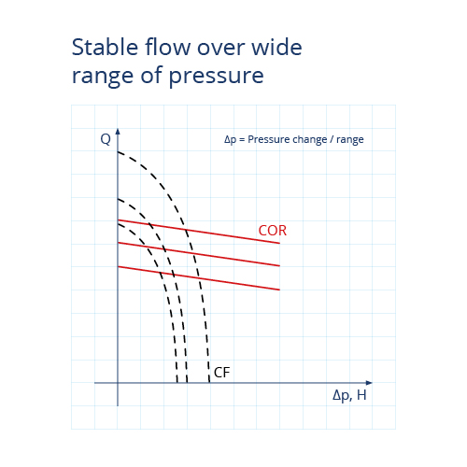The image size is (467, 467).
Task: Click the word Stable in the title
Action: click(x=105, y=47)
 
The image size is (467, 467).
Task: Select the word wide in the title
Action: click(x=276, y=47)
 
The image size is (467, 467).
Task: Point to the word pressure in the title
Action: click(x=217, y=76)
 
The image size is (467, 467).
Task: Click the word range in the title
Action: click(x=103, y=77)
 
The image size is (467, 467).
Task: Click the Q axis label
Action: click(x=106, y=139)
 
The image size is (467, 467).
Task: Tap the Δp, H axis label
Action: click(x=349, y=395)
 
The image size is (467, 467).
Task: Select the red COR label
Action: click(x=273, y=231)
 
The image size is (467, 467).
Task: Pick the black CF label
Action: click(x=222, y=373)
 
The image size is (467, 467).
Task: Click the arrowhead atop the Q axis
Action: click(x=118, y=131)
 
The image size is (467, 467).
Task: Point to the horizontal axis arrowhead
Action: click(x=369, y=383)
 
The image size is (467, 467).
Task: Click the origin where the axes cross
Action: click(x=118, y=383)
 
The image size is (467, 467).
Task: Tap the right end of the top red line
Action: click(x=279, y=243)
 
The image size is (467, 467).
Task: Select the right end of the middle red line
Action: click(x=279, y=266)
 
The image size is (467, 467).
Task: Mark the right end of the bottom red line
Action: click(x=279, y=290)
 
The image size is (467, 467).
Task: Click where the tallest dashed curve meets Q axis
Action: click(x=118, y=152)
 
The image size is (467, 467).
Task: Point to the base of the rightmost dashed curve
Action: click(x=209, y=382)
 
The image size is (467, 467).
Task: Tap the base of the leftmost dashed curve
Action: click(x=177, y=382)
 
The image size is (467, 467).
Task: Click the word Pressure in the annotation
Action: click(x=267, y=139)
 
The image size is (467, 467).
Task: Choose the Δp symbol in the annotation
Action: click(x=230, y=140)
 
